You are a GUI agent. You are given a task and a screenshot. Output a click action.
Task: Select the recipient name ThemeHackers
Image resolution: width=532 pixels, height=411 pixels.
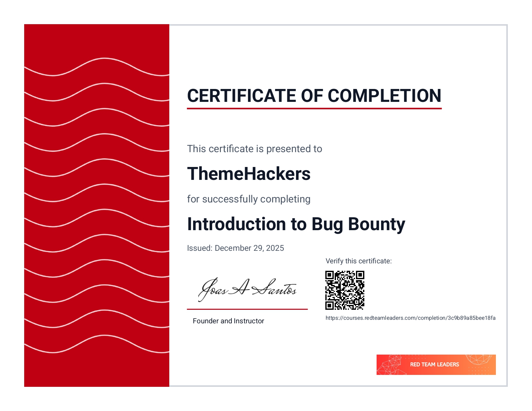coord(249,173)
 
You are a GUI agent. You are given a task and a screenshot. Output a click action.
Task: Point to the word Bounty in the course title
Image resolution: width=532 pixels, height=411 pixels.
coord(377,225)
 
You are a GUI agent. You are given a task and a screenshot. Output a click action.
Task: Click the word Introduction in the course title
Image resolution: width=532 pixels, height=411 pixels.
coord(237,224)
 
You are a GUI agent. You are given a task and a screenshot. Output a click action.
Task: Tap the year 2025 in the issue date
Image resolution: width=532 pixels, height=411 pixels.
coord(275,248)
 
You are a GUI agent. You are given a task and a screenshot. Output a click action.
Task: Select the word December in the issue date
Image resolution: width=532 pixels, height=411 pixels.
coord(233,248)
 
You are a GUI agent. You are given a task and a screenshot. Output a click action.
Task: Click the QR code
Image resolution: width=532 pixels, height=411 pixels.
coord(345,290)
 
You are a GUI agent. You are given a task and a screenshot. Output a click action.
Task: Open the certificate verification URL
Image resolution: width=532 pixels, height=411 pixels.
coord(410,318)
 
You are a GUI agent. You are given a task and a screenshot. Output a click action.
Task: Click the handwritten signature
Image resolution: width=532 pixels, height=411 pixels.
coord(247,290)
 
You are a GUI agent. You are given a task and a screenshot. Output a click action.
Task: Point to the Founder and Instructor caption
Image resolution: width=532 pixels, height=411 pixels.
coord(228,321)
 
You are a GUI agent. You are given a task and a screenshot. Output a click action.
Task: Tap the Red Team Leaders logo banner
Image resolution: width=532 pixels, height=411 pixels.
coord(436,365)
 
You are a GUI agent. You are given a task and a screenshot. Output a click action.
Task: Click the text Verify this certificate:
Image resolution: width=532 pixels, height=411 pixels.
coord(359,261)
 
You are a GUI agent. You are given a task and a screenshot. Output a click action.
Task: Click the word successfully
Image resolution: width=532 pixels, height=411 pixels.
coord(230,199)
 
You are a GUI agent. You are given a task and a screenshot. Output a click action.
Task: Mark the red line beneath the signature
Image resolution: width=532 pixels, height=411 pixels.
coord(247,309)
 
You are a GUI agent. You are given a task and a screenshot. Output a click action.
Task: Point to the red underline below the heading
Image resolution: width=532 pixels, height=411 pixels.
coord(314,108)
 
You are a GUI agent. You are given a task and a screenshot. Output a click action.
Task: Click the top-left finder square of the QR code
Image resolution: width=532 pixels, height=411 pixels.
coord(330,275)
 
